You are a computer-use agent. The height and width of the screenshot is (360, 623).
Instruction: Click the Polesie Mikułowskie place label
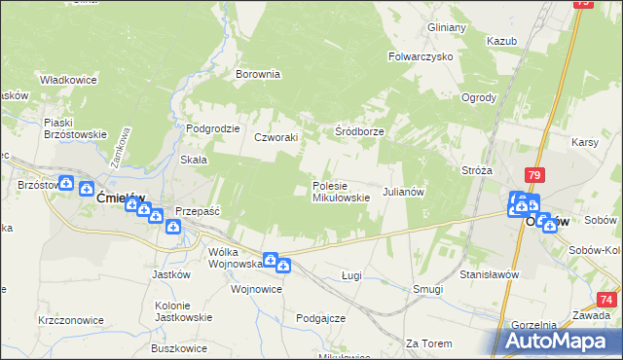coord(340,191)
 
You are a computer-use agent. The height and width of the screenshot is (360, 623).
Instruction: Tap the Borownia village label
coord(258,73)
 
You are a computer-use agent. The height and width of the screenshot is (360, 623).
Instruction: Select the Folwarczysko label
coord(421,56)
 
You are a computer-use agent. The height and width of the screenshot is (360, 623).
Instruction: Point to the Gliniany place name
coord(447,27)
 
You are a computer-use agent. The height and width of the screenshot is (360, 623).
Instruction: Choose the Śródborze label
coord(359,131)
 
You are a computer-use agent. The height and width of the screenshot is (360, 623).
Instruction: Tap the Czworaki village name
coord(275,137)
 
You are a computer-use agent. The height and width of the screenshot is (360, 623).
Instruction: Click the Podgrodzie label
coord(213,128)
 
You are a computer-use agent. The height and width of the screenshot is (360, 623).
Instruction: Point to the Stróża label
coord(477,169)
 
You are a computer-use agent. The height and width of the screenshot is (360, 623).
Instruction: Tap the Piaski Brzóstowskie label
coord(74,128)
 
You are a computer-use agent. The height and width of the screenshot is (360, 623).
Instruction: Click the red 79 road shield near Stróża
coord(533,175)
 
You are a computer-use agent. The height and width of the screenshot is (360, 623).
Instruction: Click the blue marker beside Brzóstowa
coord(65,182)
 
